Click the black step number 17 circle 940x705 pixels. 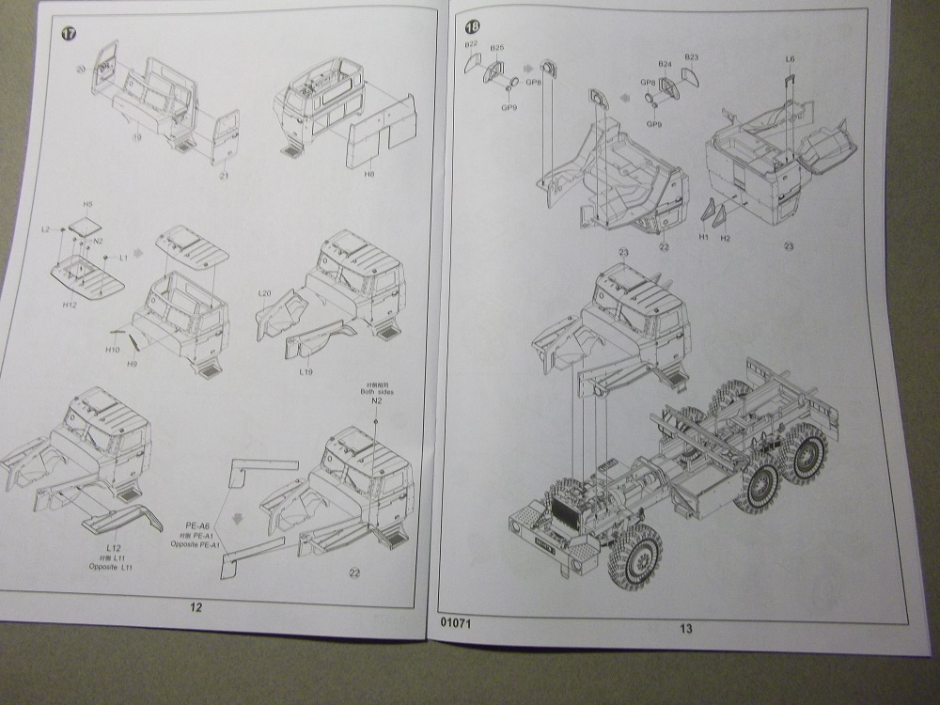68,34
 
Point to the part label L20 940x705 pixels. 265,294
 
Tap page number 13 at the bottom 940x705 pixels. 685,628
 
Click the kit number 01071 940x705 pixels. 455,621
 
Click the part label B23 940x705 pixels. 692,56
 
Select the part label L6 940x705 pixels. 790,59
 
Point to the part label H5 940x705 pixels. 88,204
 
